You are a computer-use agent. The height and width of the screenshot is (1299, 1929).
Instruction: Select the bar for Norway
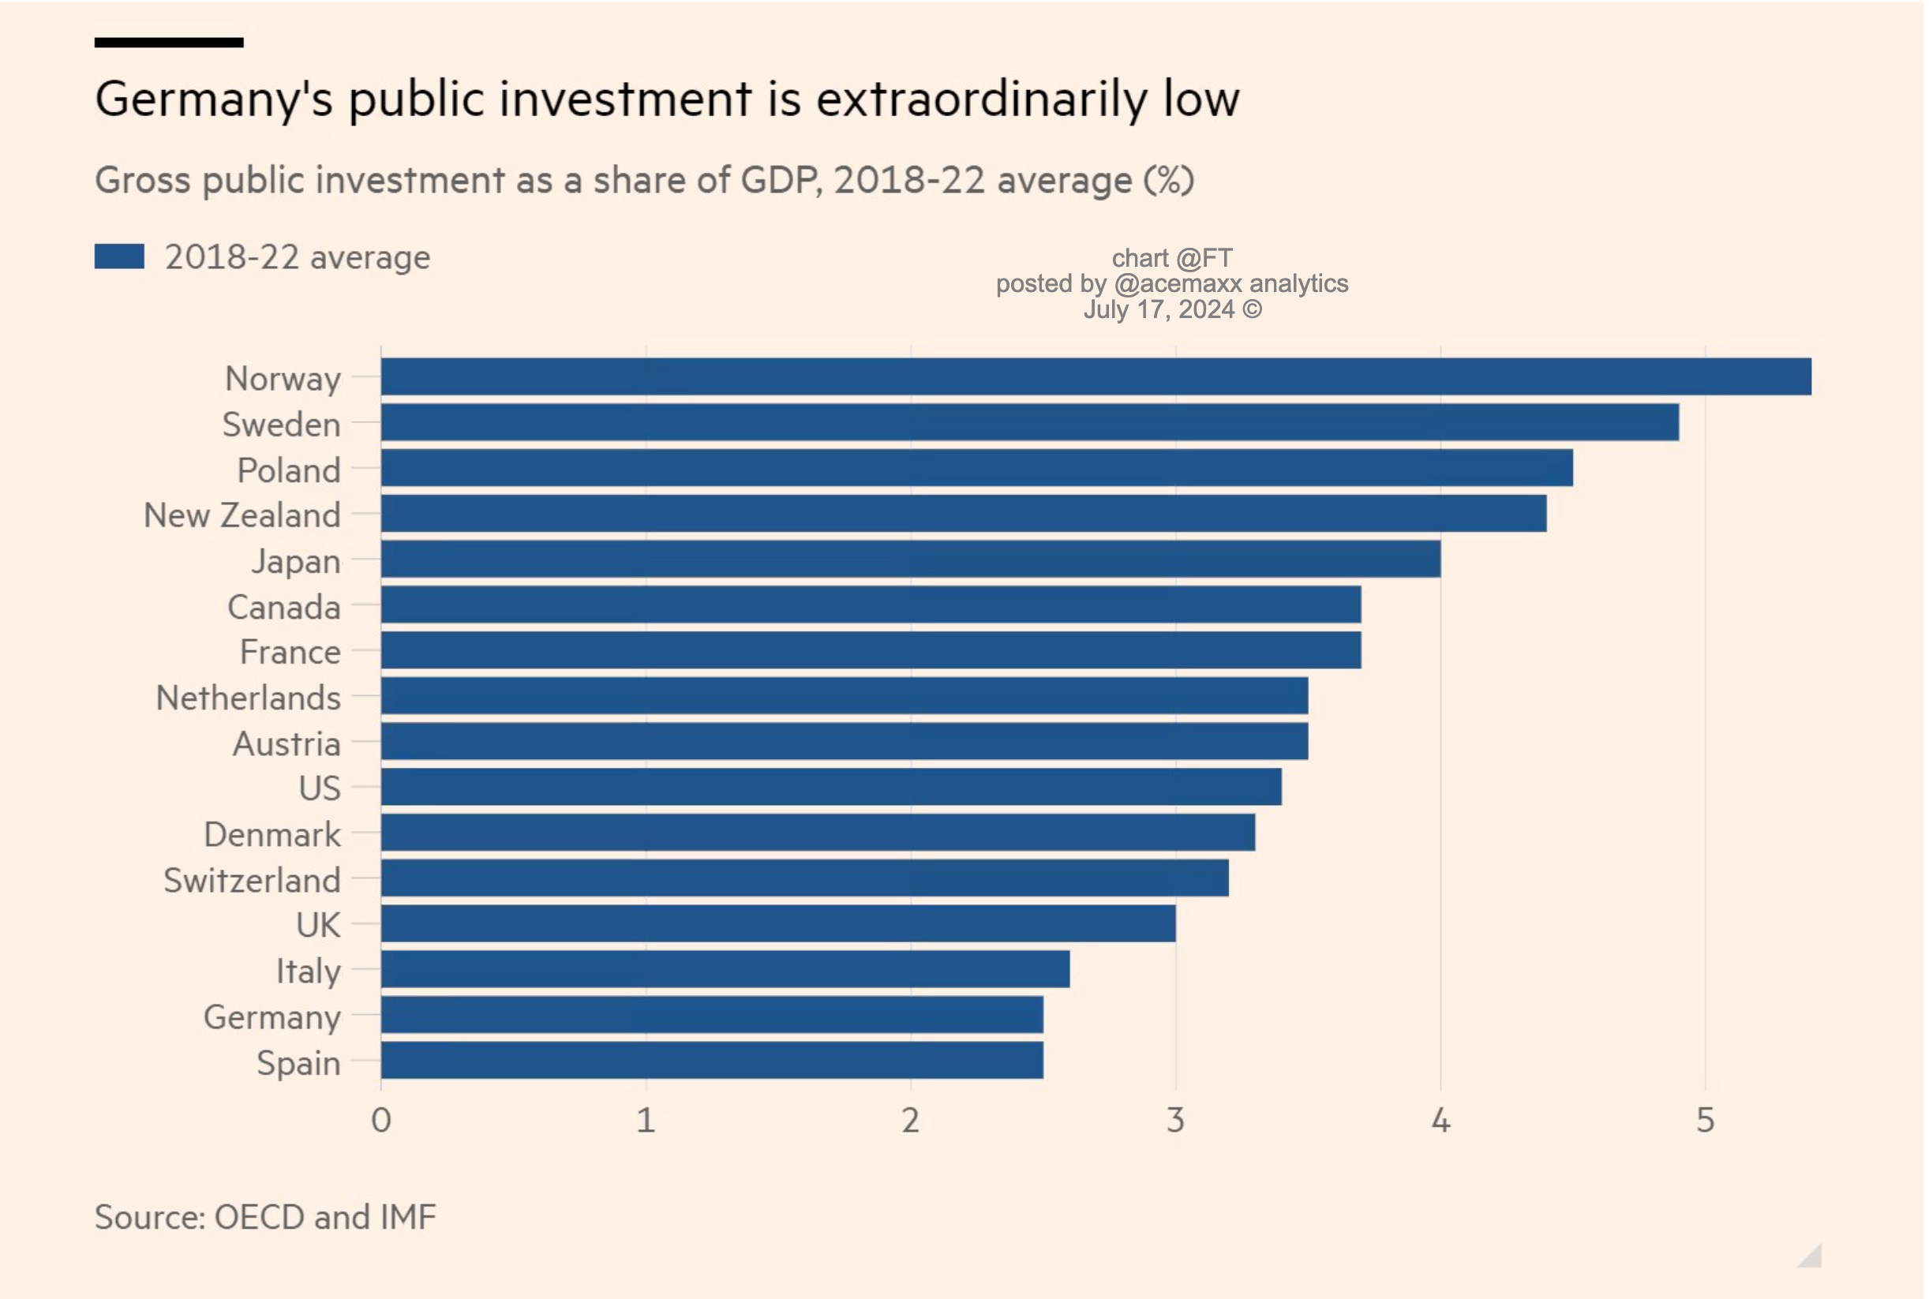coord(1096,377)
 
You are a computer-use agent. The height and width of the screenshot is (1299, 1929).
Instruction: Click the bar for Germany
coord(712,1015)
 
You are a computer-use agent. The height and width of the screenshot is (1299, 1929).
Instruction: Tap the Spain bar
coord(712,1061)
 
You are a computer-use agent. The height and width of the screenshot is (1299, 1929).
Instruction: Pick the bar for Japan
coord(910,560)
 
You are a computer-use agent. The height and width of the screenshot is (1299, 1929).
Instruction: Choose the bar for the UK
coord(778,923)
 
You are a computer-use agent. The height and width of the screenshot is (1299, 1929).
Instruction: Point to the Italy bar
coord(725,969)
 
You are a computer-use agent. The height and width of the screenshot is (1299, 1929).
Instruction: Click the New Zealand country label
coord(242,515)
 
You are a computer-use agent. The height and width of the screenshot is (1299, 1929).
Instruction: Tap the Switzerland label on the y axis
coord(252,880)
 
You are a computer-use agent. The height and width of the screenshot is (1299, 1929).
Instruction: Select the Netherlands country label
coord(248,698)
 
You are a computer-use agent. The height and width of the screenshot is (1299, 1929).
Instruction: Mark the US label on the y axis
coord(320,788)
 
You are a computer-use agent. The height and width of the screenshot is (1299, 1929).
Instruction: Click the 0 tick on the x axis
coord(381,1120)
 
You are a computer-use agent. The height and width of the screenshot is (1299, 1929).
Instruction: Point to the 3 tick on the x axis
coord(1175,1120)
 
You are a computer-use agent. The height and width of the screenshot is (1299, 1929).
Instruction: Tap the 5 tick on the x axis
coord(1704,1120)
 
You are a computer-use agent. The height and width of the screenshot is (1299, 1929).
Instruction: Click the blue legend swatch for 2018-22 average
coord(119,256)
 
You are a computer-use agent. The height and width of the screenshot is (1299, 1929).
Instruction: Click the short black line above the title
coord(169,43)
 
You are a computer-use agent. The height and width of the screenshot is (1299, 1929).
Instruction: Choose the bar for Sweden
coord(1029,422)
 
